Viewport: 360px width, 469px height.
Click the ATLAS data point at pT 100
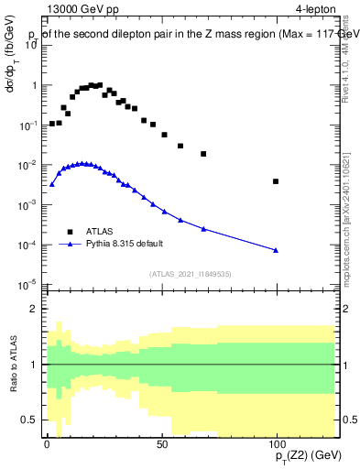click(x=276, y=181)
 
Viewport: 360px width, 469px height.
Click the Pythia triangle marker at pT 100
click(x=276, y=250)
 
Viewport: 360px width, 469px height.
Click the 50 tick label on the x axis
click(x=161, y=443)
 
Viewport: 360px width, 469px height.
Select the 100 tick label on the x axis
click(x=276, y=443)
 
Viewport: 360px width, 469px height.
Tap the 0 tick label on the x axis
click(x=47, y=443)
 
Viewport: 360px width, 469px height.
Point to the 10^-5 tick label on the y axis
click(x=27, y=286)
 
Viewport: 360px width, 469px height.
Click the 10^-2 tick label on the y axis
click(x=27, y=166)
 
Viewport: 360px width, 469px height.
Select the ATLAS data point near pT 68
click(x=203, y=154)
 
